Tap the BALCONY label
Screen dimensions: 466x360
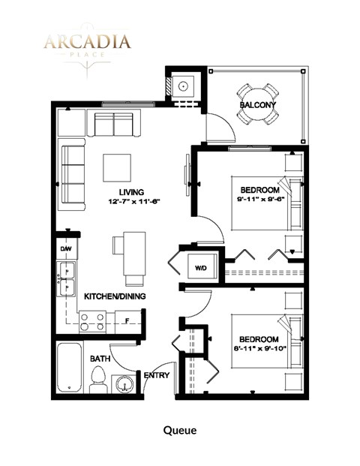(257, 104)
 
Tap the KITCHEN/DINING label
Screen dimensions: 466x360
(114, 296)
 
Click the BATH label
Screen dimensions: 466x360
(100, 359)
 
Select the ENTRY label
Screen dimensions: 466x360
(156, 375)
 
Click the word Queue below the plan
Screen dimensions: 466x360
(180, 430)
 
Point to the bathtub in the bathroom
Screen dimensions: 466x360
(70, 368)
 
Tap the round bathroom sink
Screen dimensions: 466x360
(125, 384)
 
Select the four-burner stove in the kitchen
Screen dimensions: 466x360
(92, 323)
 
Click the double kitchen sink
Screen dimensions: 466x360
(65, 278)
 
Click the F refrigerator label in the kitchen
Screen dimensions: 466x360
(128, 321)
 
